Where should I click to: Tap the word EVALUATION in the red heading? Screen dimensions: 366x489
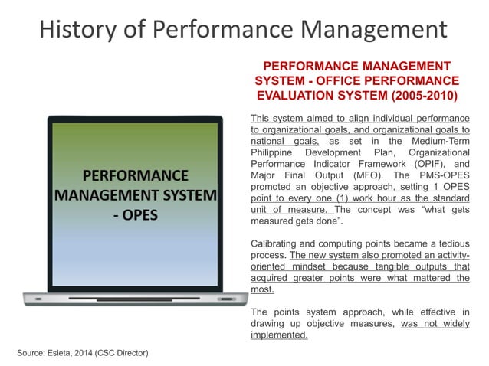pyautogui.click(x=295, y=96)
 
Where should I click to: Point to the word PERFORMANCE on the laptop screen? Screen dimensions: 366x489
pyautogui.click(x=135, y=173)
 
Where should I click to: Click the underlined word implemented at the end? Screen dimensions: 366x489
pyautogui.click(x=279, y=335)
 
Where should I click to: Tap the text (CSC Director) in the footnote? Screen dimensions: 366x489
pyautogui.click(x=130, y=352)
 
